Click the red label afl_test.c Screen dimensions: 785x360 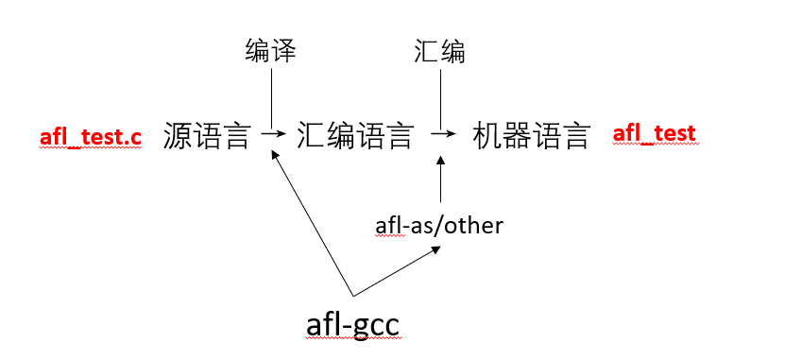tap(91, 138)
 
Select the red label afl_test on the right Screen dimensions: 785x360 tap(654, 134)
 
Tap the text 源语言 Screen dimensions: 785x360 tap(207, 136)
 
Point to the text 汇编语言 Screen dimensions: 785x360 tap(355, 136)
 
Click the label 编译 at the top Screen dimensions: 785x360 tap(271, 51)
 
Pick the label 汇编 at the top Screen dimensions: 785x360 tap(440, 51)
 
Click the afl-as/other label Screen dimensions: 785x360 tap(439, 226)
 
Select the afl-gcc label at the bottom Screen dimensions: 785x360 tap(353, 324)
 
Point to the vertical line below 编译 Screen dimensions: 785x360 tap(271, 98)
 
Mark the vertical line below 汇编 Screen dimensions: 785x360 tap(440, 98)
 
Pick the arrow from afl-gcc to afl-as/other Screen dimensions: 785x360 tap(397, 271)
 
